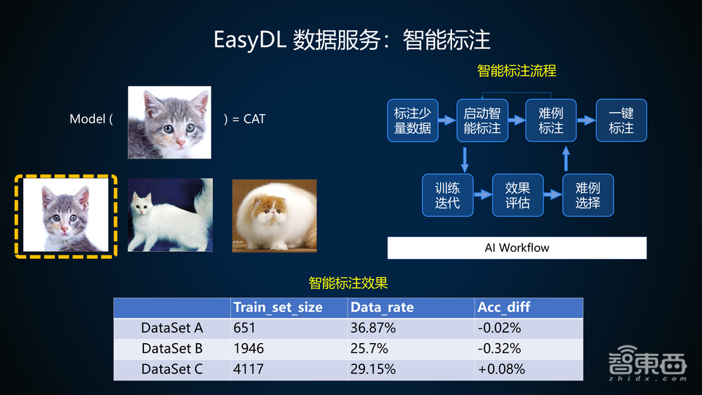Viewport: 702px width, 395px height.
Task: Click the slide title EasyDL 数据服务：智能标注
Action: tap(351, 39)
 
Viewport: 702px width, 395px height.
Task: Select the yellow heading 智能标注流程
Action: tap(516, 71)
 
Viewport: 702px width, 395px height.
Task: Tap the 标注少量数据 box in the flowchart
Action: tap(412, 121)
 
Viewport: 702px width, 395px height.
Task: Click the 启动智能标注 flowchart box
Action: tap(482, 121)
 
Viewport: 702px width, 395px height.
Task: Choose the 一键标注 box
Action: tap(621, 121)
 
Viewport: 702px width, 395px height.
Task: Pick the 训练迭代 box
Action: tap(446, 195)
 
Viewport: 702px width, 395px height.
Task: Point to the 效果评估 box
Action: tap(517, 195)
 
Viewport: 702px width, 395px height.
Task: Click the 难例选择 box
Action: tap(587, 195)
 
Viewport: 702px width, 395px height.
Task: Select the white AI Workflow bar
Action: tap(517, 248)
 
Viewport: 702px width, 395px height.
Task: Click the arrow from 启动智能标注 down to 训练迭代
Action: tap(464, 158)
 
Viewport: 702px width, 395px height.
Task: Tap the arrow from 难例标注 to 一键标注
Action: tap(585, 121)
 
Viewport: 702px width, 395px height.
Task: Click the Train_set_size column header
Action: tap(278, 307)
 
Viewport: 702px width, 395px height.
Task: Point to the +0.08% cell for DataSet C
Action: tap(501, 369)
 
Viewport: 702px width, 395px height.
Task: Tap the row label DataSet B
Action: tap(172, 348)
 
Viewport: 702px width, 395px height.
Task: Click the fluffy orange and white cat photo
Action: tap(274, 215)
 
